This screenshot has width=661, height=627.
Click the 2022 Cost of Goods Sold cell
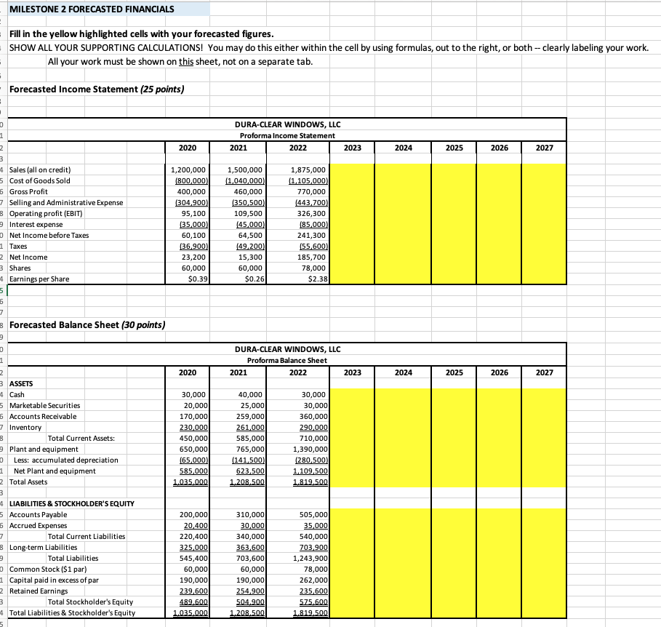tap(309, 180)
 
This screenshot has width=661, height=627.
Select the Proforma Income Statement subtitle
tap(287, 136)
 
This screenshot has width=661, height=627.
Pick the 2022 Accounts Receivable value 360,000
tap(312, 416)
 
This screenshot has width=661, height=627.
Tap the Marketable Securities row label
tap(44, 405)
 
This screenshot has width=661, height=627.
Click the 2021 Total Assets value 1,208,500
tap(245, 482)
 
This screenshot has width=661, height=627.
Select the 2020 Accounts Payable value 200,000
tap(193, 514)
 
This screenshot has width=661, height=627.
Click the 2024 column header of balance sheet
tap(404, 372)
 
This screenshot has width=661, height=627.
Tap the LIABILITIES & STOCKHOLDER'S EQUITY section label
tap(71, 503)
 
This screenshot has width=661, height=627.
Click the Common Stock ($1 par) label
tap(46, 569)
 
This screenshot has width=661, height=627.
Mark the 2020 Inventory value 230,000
tap(193, 427)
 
